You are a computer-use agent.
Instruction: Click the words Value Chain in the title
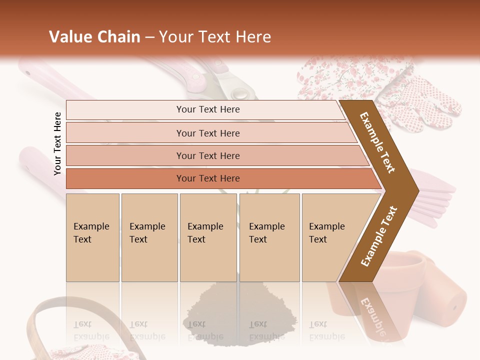point(94,37)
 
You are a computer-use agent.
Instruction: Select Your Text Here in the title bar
point(215,37)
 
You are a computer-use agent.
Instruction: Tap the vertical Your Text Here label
point(57,143)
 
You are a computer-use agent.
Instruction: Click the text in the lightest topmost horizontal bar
point(208,109)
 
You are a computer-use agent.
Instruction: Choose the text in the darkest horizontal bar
point(208,178)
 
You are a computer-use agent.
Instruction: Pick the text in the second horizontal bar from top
point(208,133)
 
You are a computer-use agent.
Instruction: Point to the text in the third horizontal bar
point(208,156)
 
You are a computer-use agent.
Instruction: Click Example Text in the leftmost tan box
point(91,233)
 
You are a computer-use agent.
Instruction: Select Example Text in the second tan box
point(147,233)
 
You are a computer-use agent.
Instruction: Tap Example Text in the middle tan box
point(205,233)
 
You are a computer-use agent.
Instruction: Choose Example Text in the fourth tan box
point(266,233)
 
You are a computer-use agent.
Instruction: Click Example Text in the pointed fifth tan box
point(326,233)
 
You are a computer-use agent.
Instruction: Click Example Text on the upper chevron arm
point(377,142)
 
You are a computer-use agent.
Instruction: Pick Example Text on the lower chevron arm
point(379,236)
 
